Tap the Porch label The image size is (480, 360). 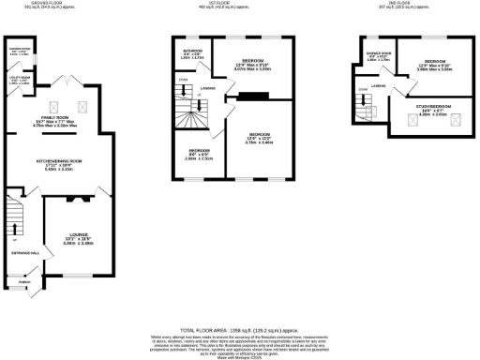coord(25,280)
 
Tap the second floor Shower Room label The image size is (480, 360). coord(377,53)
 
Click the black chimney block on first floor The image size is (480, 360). coord(251,95)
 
